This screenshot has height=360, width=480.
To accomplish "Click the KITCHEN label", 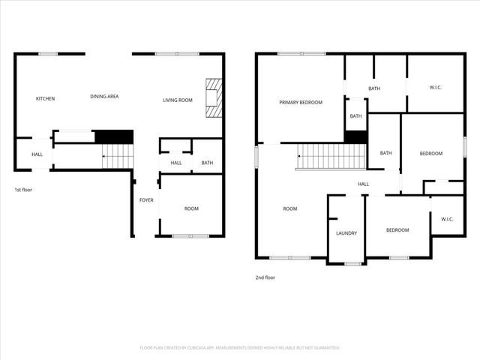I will tap(46, 99).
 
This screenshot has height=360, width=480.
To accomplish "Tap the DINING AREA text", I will tap(104, 96).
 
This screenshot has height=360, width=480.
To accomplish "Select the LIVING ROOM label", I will tap(178, 100).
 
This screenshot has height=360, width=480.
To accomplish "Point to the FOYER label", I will tap(146, 200).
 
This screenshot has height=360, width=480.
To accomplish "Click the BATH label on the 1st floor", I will tap(207, 163).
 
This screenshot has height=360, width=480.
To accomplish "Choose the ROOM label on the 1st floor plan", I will tap(191, 208).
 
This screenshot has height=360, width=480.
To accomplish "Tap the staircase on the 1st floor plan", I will tap(117, 157).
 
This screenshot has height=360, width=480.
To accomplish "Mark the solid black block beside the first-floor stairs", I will tap(113, 136).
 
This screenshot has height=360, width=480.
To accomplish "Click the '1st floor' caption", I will tap(24, 190).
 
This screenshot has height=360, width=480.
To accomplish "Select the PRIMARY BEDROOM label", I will tap(301, 102).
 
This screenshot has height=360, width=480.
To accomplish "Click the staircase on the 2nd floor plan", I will tap(331, 156).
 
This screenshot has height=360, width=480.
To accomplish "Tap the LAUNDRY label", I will tap(346, 233).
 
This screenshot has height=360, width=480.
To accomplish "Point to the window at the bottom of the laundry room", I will tap(346, 262).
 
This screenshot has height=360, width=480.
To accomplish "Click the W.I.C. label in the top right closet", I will tap(436, 88).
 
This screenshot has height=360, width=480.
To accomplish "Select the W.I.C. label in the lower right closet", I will tap(447, 220).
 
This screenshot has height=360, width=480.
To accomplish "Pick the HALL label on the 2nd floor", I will tap(363, 184).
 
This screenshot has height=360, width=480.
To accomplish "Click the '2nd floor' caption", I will tap(265, 277).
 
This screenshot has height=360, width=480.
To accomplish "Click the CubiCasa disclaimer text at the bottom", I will tap(240, 348).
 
